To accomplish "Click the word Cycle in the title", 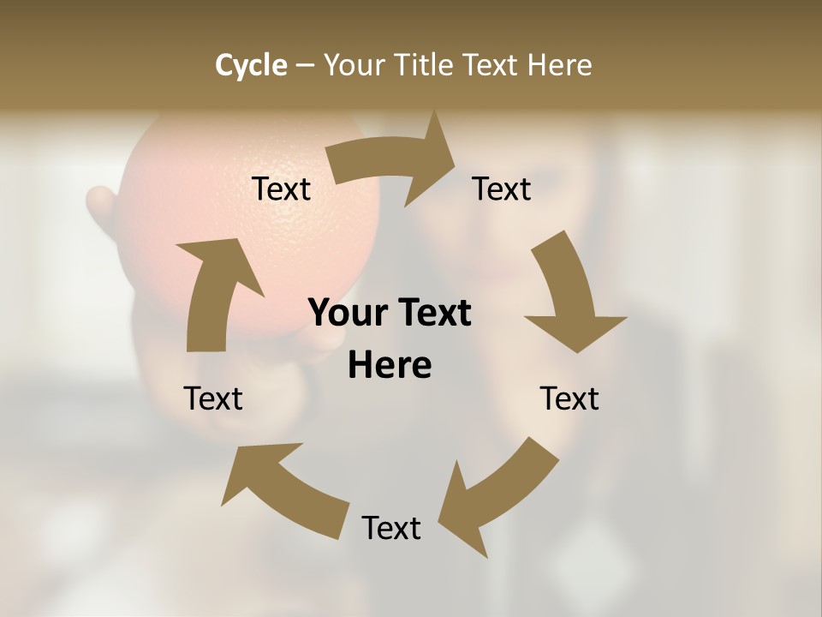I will (x=251, y=65).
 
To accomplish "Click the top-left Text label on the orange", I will (x=281, y=189).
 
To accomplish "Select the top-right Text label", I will (x=502, y=189).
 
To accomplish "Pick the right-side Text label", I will (x=569, y=398).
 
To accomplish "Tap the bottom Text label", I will (x=391, y=528).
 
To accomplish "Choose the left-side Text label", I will (x=213, y=398).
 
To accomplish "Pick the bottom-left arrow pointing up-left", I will (x=283, y=488).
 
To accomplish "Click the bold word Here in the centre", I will (x=390, y=365).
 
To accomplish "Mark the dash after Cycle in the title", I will (x=306, y=65).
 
